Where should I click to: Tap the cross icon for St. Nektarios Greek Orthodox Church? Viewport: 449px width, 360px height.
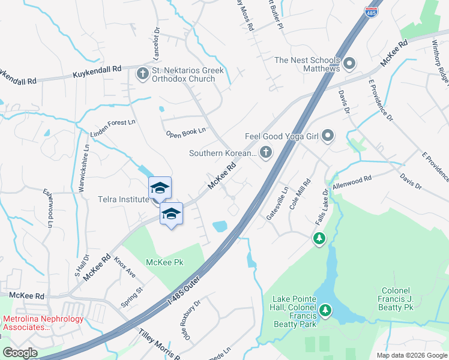click(x=143, y=74)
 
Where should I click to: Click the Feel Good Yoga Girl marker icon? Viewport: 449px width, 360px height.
click(x=328, y=136)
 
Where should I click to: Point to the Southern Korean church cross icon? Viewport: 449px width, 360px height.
click(x=264, y=153)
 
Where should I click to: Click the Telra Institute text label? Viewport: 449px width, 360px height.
click(x=123, y=199)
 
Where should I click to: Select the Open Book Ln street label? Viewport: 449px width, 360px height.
click(x=185, y=131)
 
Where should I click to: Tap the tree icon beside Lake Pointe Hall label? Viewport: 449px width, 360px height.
click(x=325, y=310)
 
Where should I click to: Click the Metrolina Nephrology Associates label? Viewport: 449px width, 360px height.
click(x=43, y=323)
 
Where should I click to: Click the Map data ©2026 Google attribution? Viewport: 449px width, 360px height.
click(x=411, y=355)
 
